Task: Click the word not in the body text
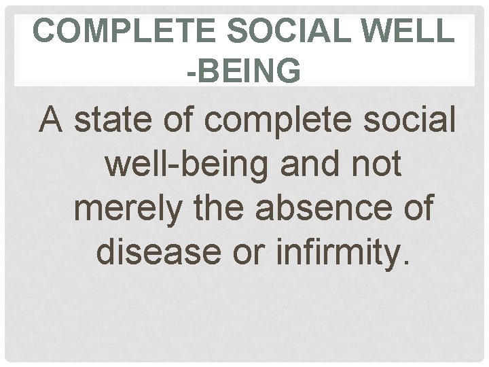pyautogui.click(x=374, y=165)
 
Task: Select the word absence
pyautogui.click(x=327, y=208)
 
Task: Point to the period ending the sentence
pyautogui.click(x=405, y=262)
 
